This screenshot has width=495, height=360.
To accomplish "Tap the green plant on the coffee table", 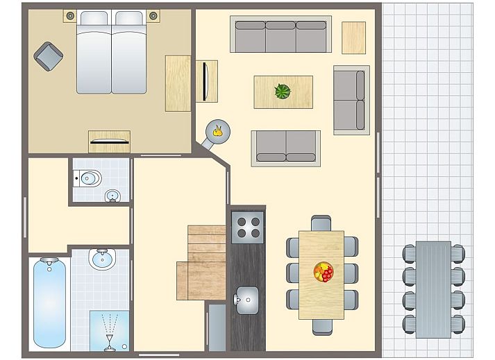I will click(283, 92).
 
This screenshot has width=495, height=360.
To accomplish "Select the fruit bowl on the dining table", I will click(323, 271).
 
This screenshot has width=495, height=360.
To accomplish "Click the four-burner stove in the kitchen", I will click(248, 227).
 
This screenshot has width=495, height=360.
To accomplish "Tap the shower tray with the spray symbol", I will click(110, 329).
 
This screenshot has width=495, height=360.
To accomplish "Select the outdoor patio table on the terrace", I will click(433, 289).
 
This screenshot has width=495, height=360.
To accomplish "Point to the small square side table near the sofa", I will click(353, 37).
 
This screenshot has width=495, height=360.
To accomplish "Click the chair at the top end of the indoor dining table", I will click(321, 223).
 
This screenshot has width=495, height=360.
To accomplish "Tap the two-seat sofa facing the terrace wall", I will click(351, 99).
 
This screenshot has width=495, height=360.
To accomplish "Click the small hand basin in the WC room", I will click(112, 196).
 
